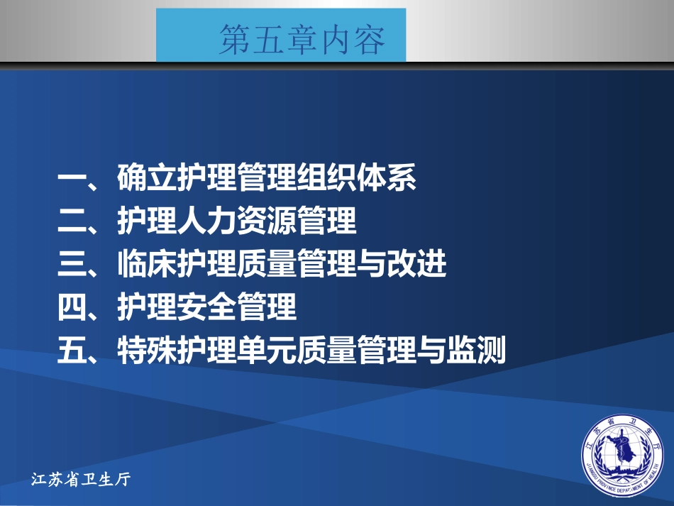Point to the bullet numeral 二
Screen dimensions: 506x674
click(x=72, y=222)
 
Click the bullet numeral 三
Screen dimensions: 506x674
click(x=72, y=265)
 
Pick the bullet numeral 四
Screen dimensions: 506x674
click(x=72, y=307)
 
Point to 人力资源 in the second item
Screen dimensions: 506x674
click(x=236, y=222)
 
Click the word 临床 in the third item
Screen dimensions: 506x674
click(x=147, y=265)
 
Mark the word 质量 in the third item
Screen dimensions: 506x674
click(x=266, y=265)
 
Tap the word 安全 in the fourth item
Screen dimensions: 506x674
click(x=206, y=307)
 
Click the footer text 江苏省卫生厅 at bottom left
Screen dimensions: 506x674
click(x=82, y=480)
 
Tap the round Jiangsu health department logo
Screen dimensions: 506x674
click(x=625, y=453)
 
